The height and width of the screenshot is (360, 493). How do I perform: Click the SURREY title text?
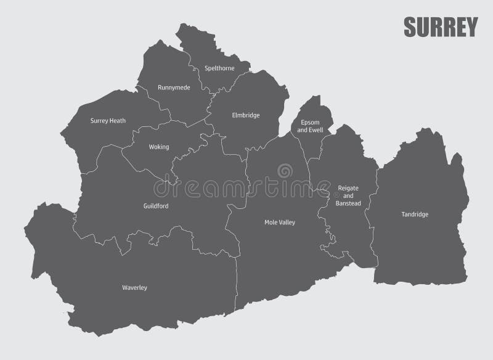440,27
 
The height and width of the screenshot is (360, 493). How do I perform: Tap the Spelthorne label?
220,68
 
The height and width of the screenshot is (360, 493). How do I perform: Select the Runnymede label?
174,88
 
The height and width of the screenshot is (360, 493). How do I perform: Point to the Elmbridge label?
246,115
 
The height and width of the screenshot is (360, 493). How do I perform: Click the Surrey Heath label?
108,121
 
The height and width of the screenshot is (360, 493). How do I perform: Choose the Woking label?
159,147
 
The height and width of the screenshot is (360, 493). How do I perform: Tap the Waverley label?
135,287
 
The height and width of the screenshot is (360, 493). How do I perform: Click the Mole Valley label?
280,221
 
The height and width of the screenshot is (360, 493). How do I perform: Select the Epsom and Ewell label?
309,126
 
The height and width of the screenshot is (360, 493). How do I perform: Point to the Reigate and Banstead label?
348,195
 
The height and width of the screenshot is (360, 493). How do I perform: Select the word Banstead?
348,203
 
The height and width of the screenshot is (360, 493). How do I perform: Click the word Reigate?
348,187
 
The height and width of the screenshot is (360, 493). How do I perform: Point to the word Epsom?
309,123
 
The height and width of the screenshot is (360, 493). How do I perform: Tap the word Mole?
271,221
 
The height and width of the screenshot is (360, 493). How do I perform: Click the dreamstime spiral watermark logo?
285,171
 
